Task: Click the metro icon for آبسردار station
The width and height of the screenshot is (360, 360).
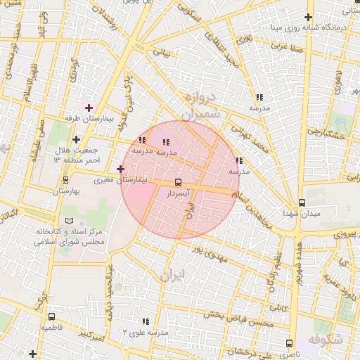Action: click(x=177, y=182)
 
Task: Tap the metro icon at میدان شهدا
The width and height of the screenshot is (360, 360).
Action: click(x=302, y=202)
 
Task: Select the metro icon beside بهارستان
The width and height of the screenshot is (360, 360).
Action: click(x=65, y=181)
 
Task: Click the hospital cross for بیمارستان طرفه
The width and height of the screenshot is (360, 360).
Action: click(x=89, y=108)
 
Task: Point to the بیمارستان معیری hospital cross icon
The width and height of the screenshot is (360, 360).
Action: click(x=120, y=169)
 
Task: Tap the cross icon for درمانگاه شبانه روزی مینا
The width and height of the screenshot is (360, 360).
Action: click(x=307, y=18)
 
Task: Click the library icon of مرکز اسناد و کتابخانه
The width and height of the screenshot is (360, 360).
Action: click(x=68, y=221)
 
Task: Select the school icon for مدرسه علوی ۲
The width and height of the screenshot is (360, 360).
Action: click(x=146, y=321)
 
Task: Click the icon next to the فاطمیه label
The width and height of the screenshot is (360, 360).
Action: click(x=51, y=317)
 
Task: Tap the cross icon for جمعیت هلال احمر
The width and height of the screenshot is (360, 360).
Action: click(x=76, y=139)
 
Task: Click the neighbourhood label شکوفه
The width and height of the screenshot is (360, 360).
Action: click(x=345, y=341)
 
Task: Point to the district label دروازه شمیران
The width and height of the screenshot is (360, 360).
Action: click(x=200, y=105)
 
